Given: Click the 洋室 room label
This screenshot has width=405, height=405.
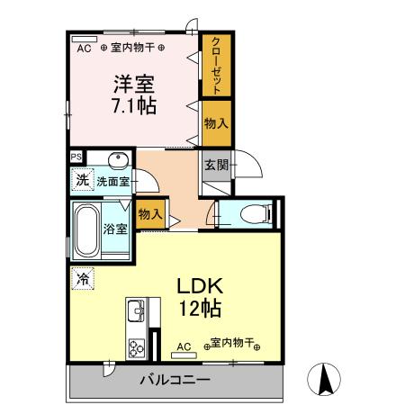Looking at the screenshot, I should click(x=132, y=85).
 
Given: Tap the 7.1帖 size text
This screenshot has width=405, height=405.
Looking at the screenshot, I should click(x=132, y=106).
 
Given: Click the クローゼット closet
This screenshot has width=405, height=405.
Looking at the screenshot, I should click(x=217, y=64).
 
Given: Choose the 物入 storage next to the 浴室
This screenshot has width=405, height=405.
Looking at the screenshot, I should click(x=149, y=214).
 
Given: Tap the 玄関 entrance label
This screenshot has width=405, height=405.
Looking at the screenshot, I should click(x=215, y=165).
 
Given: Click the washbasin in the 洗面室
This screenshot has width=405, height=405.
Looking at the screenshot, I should click(x=117, y=161).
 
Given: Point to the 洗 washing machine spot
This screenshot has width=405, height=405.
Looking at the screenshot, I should click(x=81, y=180).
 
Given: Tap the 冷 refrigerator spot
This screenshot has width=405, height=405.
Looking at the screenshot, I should click(x=81, y=278).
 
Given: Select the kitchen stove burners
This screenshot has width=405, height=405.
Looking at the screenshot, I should click(x=138, y=346).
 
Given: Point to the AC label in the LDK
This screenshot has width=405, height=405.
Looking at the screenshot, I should click(x=184, y=346).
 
